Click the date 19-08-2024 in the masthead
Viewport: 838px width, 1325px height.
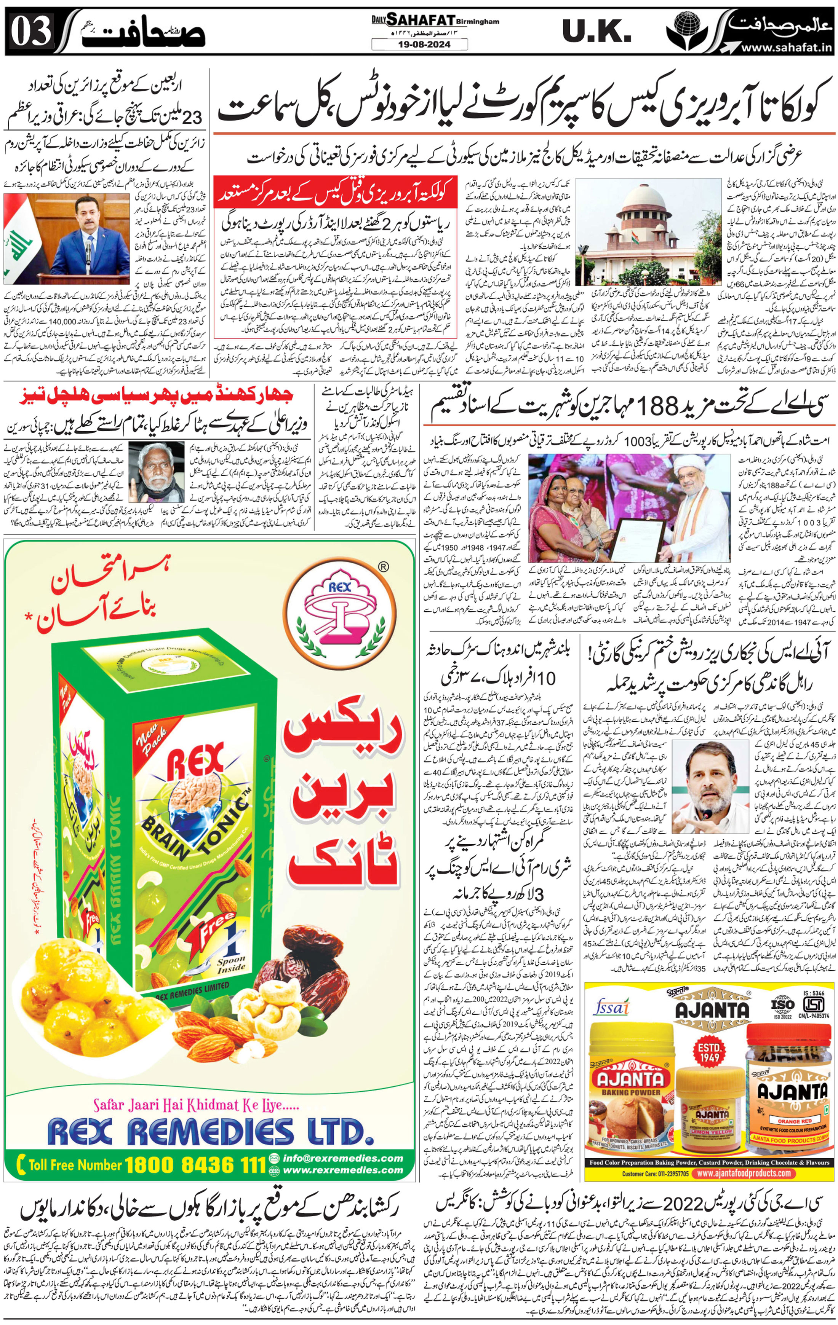pyautogui.click(x=419, y=45)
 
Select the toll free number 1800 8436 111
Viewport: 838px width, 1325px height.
pyautogui.click(x=195, y=1164)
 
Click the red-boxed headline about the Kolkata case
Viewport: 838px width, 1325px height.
pyautogui.click(x=336, y=194)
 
